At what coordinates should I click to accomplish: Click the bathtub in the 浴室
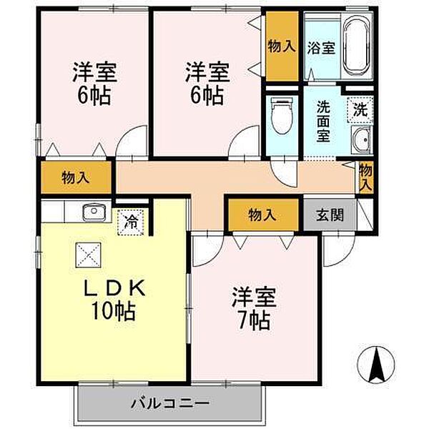pyautogui.click(x=357, y=46)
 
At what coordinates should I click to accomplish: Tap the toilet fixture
pyautogui.click(x=282, y=117)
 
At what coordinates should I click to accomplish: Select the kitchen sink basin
pyautogui.click(x=94, y=212)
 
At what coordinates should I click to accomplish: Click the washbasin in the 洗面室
pyautogui.click(x=361, y=140)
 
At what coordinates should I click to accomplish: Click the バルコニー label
pyautogui.click(x=170, y=403)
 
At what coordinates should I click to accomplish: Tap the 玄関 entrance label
pyautogui.click(x=330, y=214)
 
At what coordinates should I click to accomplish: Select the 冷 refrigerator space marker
pyautogui.click(x=132, y=222)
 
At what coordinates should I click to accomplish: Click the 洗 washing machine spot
pyautogui.click(x=360, y=109)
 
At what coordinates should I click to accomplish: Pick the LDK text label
pyautogui.click(x=114, y=288)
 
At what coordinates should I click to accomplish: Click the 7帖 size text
pyautogui.click(x=255, y=320)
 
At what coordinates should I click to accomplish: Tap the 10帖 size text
pyautogui.click(x=113, y=310)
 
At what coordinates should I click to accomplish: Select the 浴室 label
pyautogui.click(x=321, y=47)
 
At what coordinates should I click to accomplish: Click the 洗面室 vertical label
pyautogui.click(x=323, y=122)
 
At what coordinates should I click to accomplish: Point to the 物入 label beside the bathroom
pyautogui.click(x=282, y=46)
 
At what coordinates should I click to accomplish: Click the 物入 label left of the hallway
pyautogui.click(x=76, y=178)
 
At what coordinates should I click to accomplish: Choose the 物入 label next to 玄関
pyautogui.click(x=262, y=214)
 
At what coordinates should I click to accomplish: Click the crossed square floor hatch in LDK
pyautogui.click(x=89, y=255)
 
